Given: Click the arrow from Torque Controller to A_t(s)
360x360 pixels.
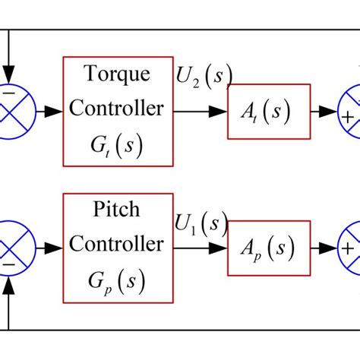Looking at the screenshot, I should point(201,111).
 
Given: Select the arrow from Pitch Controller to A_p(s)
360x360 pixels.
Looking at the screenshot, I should point(201,248).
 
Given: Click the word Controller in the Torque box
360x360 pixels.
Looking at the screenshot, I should point(117,108).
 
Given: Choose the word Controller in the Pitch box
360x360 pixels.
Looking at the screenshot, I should point(117,245).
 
